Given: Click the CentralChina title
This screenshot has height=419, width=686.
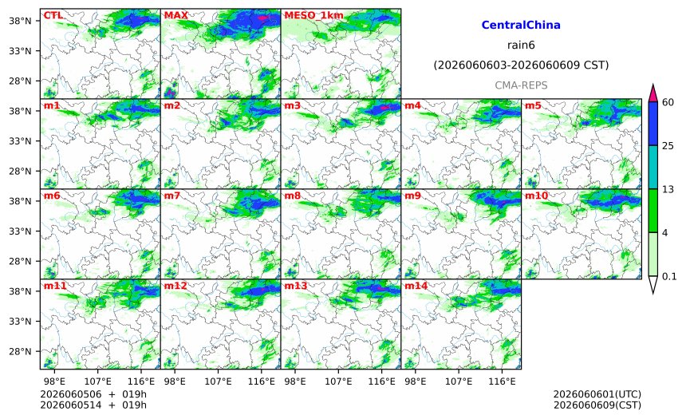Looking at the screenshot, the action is click(x=521, y=25).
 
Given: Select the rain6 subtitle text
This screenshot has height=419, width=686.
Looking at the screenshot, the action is click(x=521, y=45).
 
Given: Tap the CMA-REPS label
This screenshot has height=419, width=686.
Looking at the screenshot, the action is click(x=521, y=85).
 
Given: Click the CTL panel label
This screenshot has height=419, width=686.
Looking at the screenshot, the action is click(x=53, y=15).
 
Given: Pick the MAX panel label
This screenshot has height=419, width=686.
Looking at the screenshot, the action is click(x=175, y=15).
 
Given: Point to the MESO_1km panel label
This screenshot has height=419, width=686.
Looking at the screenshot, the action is click(x=313, y=16).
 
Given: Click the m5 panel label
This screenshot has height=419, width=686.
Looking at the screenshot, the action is click(x=533, y=105).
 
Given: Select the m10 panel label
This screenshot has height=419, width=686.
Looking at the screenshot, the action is click(x=536, y=196).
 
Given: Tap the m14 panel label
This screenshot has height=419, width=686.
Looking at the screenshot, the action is click(x=416, y=286).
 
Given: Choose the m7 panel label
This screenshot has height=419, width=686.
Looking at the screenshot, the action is click(x=172, y=196).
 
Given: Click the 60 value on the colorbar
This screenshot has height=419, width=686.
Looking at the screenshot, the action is click(x=668, y=102).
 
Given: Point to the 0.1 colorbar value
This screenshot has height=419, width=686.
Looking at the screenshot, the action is click(x=669, y=276).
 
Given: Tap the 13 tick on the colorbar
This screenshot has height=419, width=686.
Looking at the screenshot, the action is click(x=668, y=189).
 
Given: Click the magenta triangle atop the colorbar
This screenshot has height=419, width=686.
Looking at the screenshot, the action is click(x=652, y=93).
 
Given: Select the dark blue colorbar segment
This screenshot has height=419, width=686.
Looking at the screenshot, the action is click(x=652, y=124).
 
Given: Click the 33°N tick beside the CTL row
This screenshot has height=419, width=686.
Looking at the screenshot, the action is click(x=20, y=51).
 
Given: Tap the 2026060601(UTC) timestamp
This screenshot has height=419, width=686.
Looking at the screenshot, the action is click(x=597, y=394).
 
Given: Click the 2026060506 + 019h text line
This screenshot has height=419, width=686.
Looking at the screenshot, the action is click(x=93, y=394).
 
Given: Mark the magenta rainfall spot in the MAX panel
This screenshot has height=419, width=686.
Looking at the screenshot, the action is click(x=262, y=18).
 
